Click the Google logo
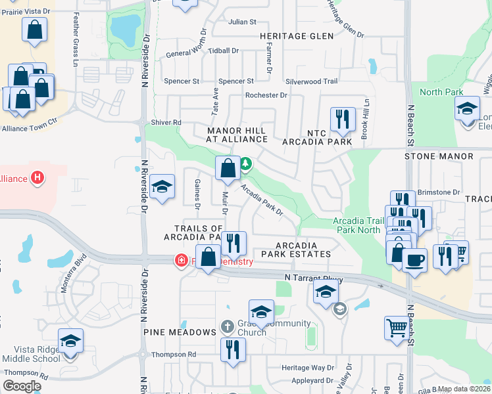(22, 386)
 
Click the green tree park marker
(245, 163)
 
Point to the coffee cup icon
(414, 259)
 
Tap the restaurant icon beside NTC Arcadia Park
(342, 120)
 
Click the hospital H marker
(38, 177)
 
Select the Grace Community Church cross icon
(227, 326)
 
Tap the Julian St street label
(241, 22)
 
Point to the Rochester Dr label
(266, 95)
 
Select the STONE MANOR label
(439, 156)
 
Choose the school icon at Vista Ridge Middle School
(70, 341)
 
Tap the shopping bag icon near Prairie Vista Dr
(34, 30)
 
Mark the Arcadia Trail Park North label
(358, 225)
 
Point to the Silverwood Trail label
(311, 81)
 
